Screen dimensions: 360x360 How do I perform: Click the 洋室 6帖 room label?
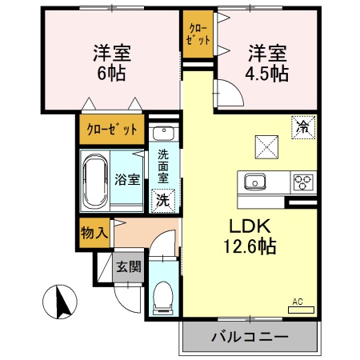click(110, 62)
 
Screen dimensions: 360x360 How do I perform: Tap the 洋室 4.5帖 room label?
click(266, 62)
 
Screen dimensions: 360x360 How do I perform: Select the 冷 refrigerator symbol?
click(303, 127)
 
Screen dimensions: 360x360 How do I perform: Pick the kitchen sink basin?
click(257, 181)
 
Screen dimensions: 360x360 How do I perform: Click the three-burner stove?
click(303, 181)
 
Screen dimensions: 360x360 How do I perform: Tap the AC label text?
click(298, 302)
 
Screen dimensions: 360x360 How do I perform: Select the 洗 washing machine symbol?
click(162, 200)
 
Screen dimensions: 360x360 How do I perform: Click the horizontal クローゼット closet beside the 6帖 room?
click(112, 129)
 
